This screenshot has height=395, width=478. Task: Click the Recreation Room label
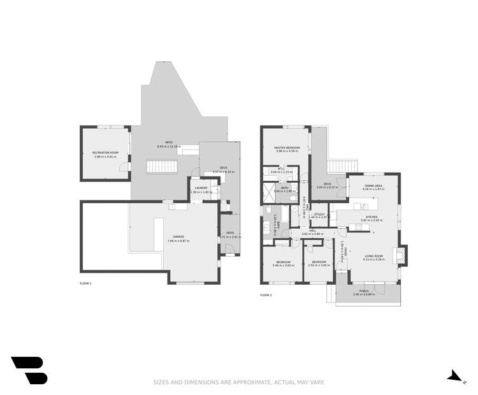click(x=105, y=153)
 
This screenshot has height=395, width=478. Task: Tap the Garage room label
click(x=175, y=237)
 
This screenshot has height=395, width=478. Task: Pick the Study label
click(x=319, y=214)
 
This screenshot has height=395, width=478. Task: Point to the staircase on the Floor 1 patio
click(x=163, y=168)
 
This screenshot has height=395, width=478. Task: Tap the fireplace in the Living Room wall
click(x=400, y=255)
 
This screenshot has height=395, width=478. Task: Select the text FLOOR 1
click(x=85, y=283)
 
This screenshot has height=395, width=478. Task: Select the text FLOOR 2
click(x=266, y=295)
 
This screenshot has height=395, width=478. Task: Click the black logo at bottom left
click(x=29, y=370)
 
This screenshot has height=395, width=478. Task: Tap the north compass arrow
click(x=455, y=377)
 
